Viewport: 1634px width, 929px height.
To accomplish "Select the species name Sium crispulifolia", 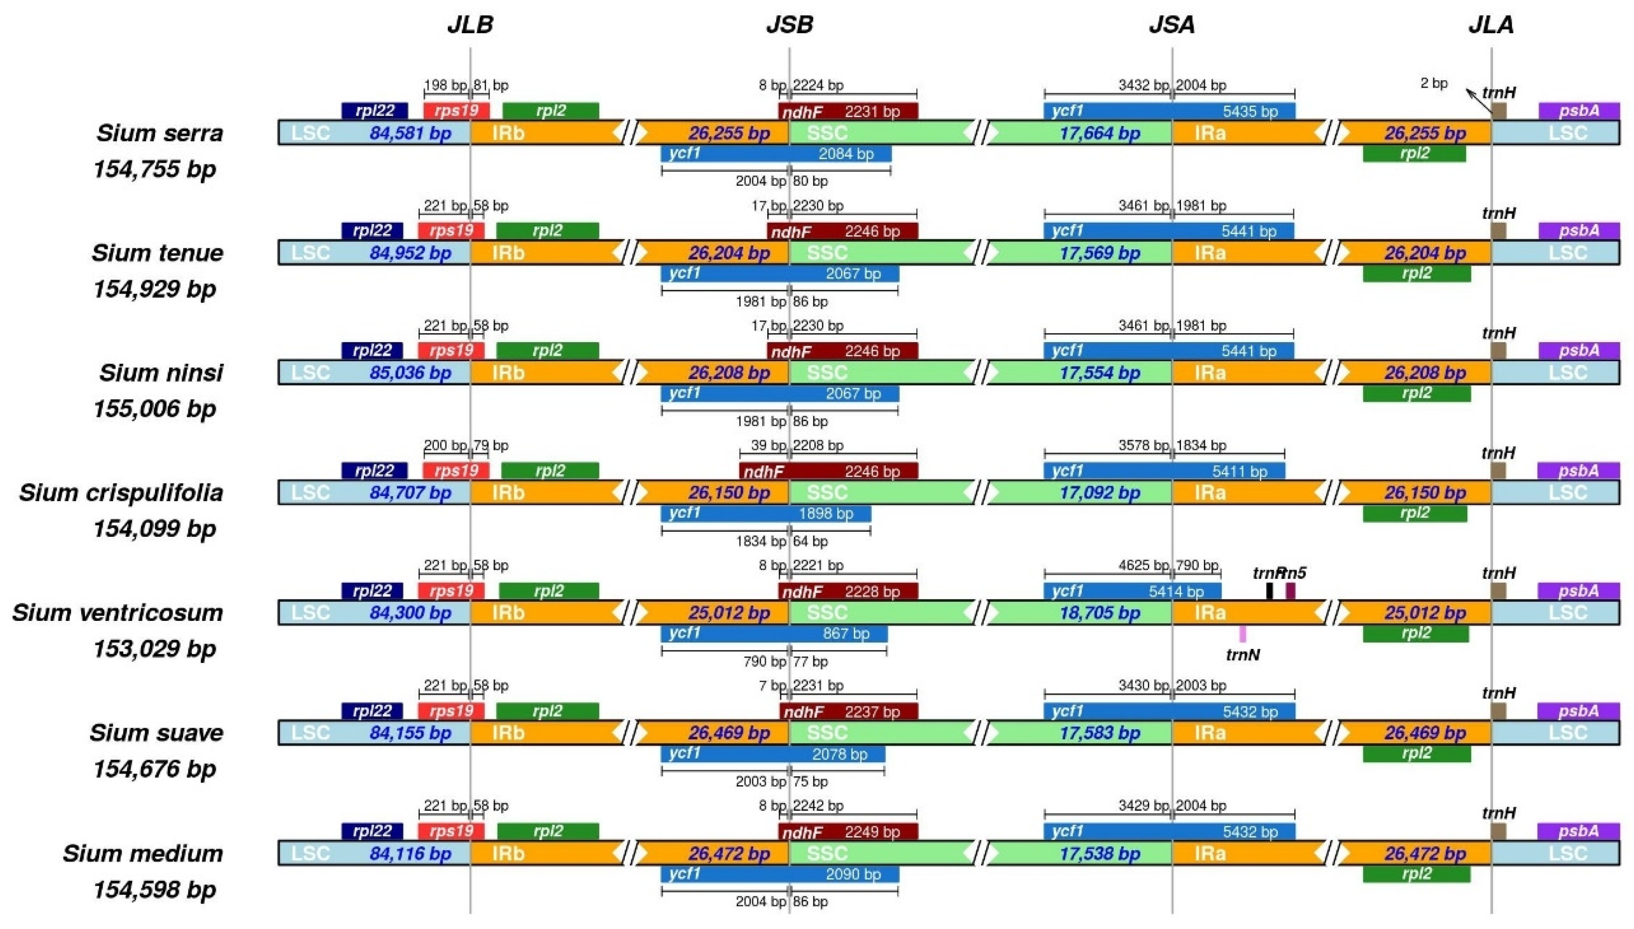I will coord(121,493).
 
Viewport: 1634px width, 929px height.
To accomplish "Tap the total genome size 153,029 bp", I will coord(155,649).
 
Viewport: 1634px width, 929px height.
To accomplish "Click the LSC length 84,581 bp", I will coord(410,134).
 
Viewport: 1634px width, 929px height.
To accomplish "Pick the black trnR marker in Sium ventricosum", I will coord(1270,591).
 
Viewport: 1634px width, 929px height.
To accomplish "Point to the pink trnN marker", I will coord(1242,633).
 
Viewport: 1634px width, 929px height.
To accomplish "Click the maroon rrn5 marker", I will coord(1290,591).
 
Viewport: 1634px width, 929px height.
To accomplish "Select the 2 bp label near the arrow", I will coord(1434,84).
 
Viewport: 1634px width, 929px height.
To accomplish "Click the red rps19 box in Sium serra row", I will coord(456,111).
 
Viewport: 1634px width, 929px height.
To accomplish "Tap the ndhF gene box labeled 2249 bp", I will coord(848,832).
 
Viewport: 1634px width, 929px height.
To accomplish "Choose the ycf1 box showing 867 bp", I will coord(774,633).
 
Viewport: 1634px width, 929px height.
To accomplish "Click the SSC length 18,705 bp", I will coord(1100,613).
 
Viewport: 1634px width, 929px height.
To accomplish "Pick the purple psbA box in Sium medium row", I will coord(1578,831).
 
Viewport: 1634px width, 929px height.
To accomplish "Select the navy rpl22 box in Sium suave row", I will coord(372,711).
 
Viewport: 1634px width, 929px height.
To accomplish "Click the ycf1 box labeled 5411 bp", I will coord(1164,471).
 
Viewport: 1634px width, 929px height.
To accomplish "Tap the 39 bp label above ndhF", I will coord(768,445).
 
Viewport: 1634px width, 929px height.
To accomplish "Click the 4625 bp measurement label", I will coord(1143,565).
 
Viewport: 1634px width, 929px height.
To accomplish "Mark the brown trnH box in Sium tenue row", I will coord(1498,231).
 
